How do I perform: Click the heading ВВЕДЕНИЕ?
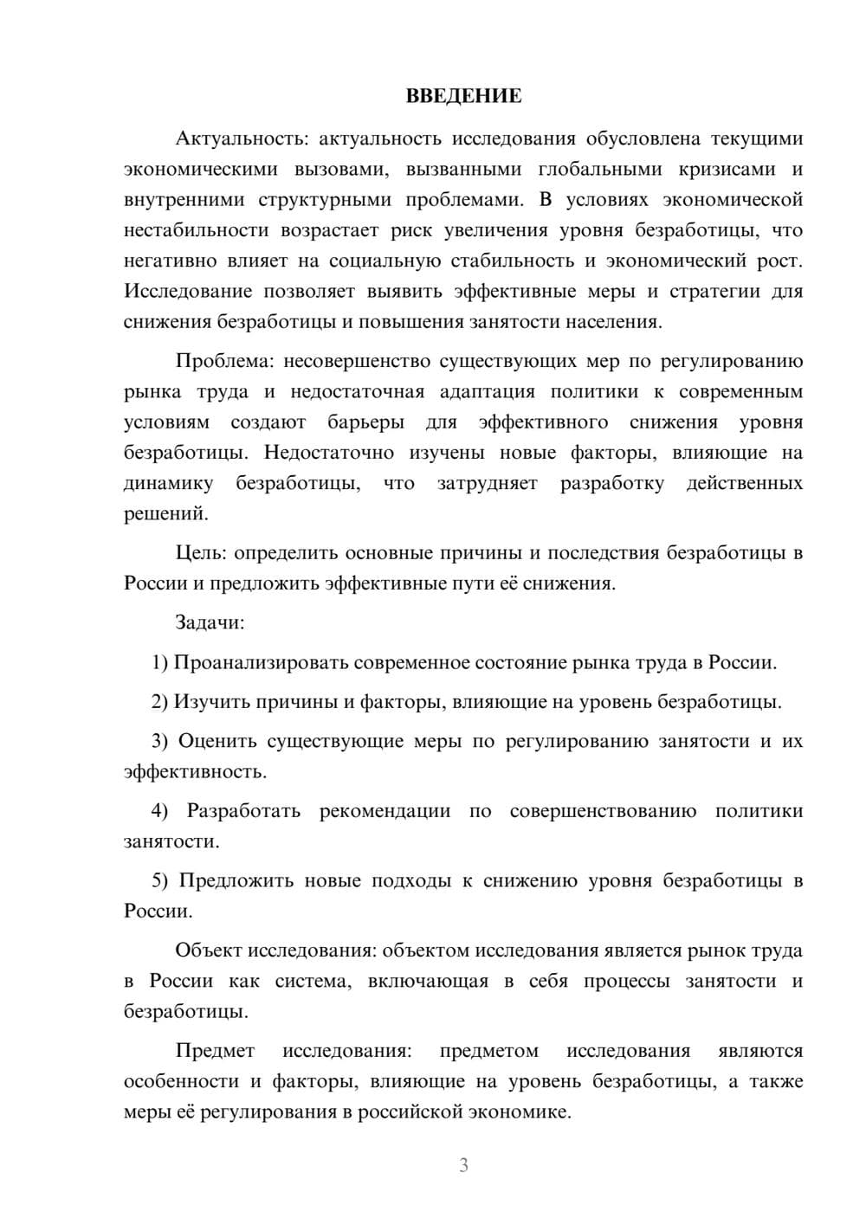click(463, 96)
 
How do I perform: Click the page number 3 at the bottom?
click(463, 1165)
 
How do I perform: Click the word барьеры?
click(365, 422)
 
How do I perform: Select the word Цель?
click(201, 552)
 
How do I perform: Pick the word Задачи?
click(210, 622)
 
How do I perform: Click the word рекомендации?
click(385, 811)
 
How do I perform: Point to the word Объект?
click(209, 950)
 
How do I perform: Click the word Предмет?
click(215, 1051)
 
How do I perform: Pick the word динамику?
click(168, 483)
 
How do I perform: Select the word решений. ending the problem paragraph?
click(165, 513)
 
